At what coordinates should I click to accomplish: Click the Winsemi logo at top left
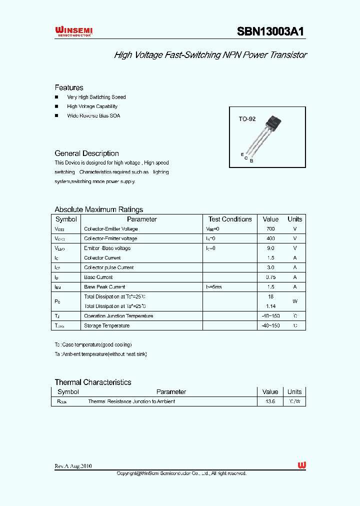click(73, 32)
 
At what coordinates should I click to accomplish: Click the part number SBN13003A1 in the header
click(270, 31)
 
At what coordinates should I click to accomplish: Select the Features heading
click(69, 87)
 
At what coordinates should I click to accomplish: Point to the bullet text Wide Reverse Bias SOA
click(93, 115)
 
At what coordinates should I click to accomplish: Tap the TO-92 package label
click(247, 119)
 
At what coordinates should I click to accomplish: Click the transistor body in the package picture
click(275, 121)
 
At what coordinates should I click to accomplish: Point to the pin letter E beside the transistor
click(242, 154)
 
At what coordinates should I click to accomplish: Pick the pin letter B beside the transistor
click(251, 160)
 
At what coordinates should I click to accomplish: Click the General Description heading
click(86, 153)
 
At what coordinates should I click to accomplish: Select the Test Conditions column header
click(230, 219)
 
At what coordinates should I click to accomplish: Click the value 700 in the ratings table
click(270, 229)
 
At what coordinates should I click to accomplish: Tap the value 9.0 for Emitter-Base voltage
click(270, 248)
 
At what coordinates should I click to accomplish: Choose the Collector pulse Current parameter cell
click(108, 267)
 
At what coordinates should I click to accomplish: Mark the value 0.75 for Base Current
click(270, 277)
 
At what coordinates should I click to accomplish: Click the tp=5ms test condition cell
click(214, 287)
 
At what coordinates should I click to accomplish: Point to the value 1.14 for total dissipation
click(270, 306)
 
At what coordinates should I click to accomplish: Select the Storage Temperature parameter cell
click(106, 325)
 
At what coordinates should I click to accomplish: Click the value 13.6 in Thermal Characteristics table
click(270, 401)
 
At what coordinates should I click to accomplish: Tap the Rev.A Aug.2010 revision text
click(73, 466)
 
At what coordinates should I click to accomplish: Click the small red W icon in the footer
click(301, 465)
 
